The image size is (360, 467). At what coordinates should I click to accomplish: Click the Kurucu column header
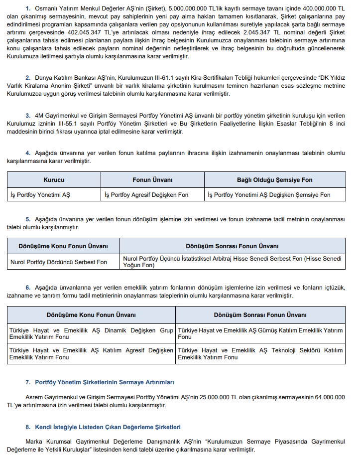click(x=54, y=180)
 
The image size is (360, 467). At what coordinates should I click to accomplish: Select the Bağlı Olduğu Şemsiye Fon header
click(x=275, y=180)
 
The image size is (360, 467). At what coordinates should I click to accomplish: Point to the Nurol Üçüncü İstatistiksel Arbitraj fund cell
click(x=232, y=262)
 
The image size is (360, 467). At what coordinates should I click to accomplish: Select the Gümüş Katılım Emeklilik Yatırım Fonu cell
click(x=260, y=333)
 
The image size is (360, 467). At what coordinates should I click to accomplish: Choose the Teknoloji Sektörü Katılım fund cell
click(x=260, y=354)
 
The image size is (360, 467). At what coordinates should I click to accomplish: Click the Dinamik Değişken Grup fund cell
click(x=91, y=333)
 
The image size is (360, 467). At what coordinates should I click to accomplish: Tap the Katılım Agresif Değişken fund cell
click(x=91, y=354)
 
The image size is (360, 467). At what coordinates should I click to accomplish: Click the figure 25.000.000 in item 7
click(x=205, y=397)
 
